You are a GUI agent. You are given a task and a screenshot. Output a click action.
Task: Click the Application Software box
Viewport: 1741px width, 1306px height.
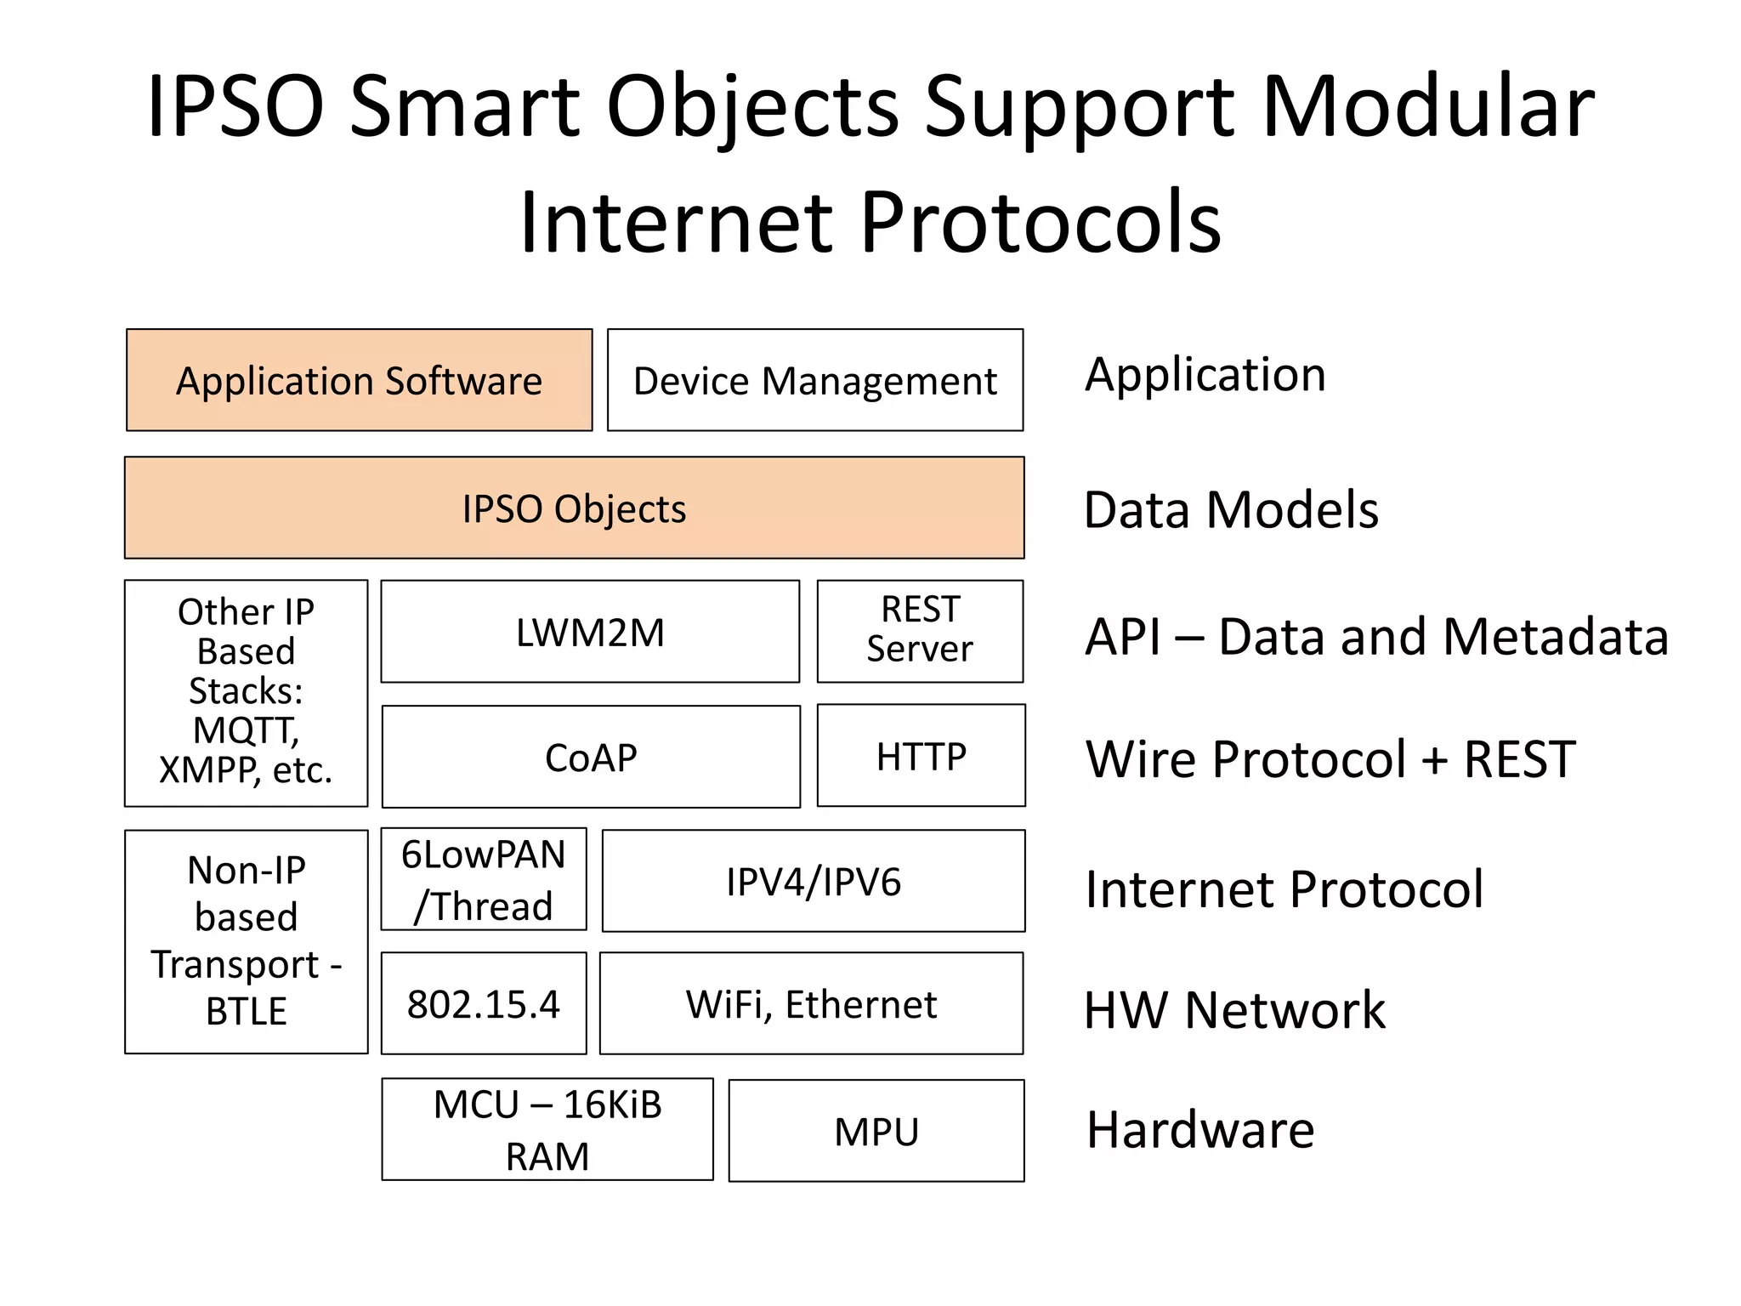(359, 380)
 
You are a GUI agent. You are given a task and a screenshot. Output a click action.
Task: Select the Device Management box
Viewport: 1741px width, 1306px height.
(814, 380)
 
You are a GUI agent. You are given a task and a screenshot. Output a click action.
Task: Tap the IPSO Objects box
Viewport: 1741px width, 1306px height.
(574, 508)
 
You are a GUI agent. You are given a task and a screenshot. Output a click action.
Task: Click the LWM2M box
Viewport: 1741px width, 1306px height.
(590, 632)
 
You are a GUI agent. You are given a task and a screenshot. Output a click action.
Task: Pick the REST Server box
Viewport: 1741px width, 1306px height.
(920, 631)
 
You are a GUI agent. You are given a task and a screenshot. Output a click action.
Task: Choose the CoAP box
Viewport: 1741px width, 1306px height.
(591, 757)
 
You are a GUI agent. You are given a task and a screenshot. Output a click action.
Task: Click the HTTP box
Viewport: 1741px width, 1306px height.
(921, 755)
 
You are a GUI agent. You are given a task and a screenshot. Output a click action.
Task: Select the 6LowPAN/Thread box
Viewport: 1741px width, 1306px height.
(483, 879)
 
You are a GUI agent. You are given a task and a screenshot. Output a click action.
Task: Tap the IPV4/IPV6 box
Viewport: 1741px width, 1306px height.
(813, 881)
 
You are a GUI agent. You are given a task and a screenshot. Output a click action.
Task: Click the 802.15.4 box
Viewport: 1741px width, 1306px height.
(483, 1003)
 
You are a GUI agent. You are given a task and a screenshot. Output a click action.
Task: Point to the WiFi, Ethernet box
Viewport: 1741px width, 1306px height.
(811, 1003)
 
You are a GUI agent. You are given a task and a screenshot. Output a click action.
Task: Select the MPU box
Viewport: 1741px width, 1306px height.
(876, 1131)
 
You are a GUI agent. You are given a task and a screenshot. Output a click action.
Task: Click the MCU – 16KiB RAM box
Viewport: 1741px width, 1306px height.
(547, 1129)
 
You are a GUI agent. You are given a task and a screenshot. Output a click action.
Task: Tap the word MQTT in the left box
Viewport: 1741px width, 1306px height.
(245, 730)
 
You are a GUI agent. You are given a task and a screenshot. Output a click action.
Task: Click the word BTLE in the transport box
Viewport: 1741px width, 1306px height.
(246, 1011)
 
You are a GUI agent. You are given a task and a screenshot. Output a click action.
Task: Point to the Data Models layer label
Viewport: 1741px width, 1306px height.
(1230, 509)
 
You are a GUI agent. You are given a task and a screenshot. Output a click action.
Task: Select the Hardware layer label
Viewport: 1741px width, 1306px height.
(1199, 1129)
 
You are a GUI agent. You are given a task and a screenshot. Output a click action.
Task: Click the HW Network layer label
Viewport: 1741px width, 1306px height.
(1233, 1009)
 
